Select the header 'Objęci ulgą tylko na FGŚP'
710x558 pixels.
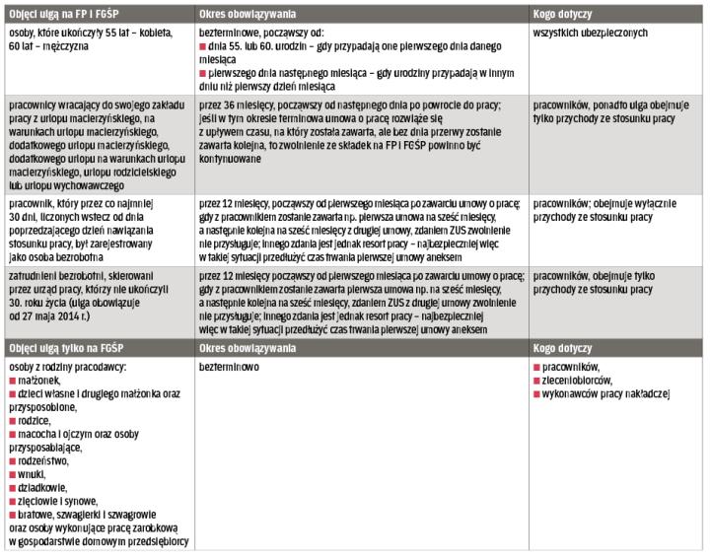point(61,348)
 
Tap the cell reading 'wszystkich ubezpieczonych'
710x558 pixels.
point(590,33)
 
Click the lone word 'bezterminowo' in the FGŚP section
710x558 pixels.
point(229,365)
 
